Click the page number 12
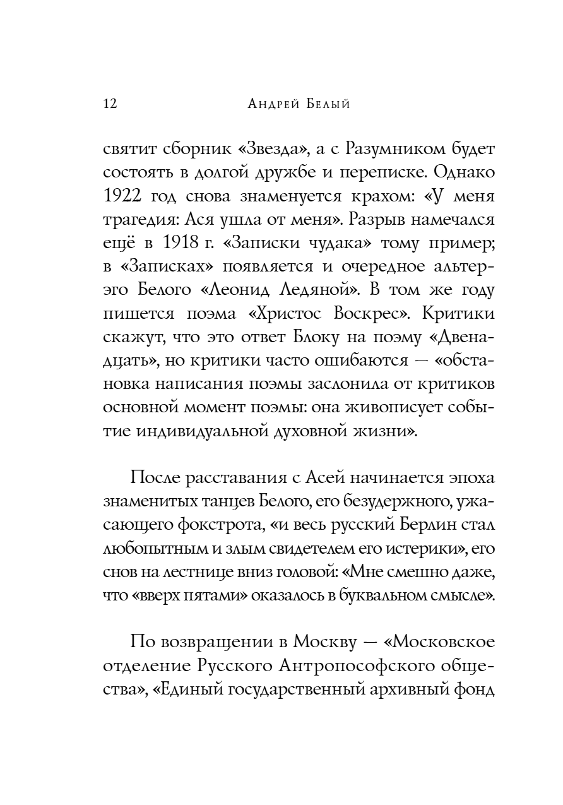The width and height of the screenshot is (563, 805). coord(110,104)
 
